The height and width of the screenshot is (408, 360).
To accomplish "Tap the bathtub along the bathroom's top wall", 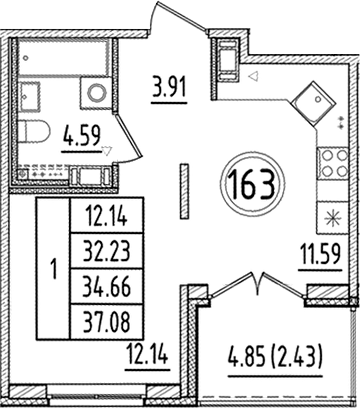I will coord(66,56).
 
